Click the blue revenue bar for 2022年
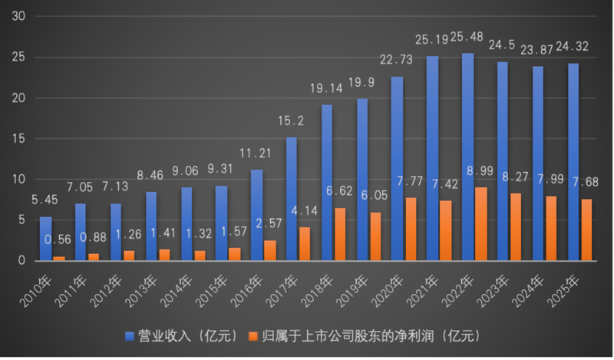[x=468, y=157]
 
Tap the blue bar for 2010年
[x=46, y=239]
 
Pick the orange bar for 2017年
[x=305, y=244]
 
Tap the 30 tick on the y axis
[x=21, y=17]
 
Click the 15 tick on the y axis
[x=21, y=139]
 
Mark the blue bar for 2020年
[x=398, y=169]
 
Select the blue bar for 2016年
[x=257, y=216]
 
